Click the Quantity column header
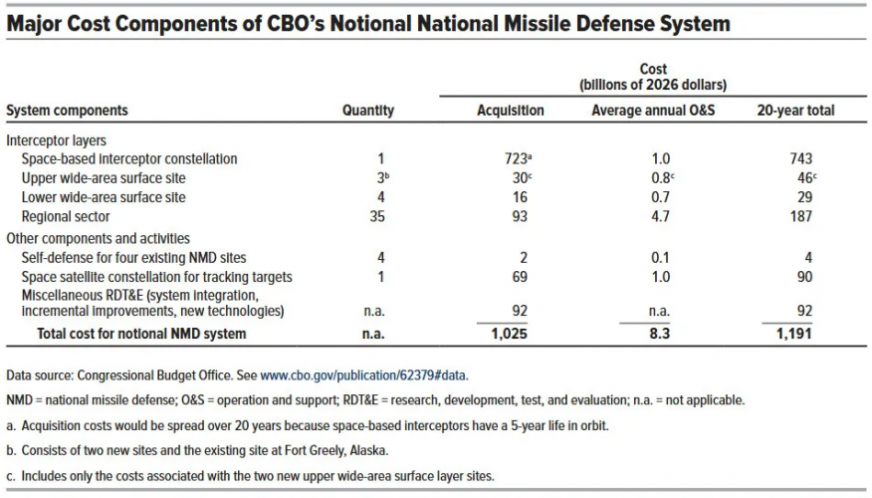coord(368,111)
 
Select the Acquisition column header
coord(511,111)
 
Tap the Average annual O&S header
coord(653,111)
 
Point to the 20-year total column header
coord(795,111)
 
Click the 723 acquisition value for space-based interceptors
coord(516,158)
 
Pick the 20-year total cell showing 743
coord(800,158)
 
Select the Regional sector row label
coord(66,216)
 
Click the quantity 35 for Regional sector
coord(377,216)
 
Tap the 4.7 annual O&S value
coord(660,216)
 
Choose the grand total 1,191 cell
coord(794,334)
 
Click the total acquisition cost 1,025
coord(509,334)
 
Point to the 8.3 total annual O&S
coord(660,334)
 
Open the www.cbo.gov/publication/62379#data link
coord(364,375)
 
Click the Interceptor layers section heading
coord(56,140)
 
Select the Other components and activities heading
coord(98,239)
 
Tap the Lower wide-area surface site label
coord(104,197)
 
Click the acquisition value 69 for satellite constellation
coord(520,277)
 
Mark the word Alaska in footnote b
coord(368,451)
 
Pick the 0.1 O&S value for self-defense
coord(660,258)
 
